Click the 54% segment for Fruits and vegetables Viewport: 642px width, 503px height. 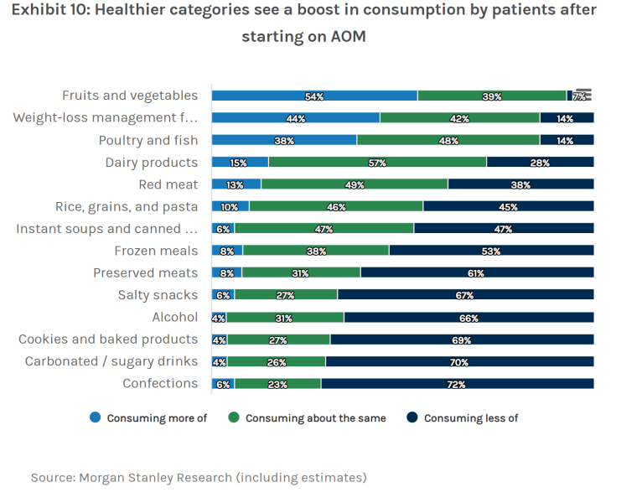(x=314, y=96)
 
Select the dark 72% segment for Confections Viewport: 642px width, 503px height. (x=457, y=384)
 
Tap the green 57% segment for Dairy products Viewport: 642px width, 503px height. (x=377, y=163)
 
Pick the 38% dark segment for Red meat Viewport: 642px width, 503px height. (x=520, y=184)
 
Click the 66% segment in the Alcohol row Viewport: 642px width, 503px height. (x=469, y=318)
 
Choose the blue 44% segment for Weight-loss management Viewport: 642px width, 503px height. (x=295, y=118)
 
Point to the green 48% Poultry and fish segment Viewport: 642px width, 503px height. (x=448, y=141)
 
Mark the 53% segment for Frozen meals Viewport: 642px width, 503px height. (x=491, y=251)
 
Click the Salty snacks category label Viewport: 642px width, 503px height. (x=158, y=295)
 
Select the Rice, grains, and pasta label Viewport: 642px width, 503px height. (x=127, y=206)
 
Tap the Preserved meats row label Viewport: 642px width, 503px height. (x=145, y=272)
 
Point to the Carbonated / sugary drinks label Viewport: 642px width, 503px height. (x=111, y=361)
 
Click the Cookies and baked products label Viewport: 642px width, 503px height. (x=108, y=340)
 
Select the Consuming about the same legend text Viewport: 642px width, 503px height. (x=315, y=418)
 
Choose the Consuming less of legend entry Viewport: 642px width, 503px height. (x=471, y=418)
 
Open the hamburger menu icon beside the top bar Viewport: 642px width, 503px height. (x=584, y=95)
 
